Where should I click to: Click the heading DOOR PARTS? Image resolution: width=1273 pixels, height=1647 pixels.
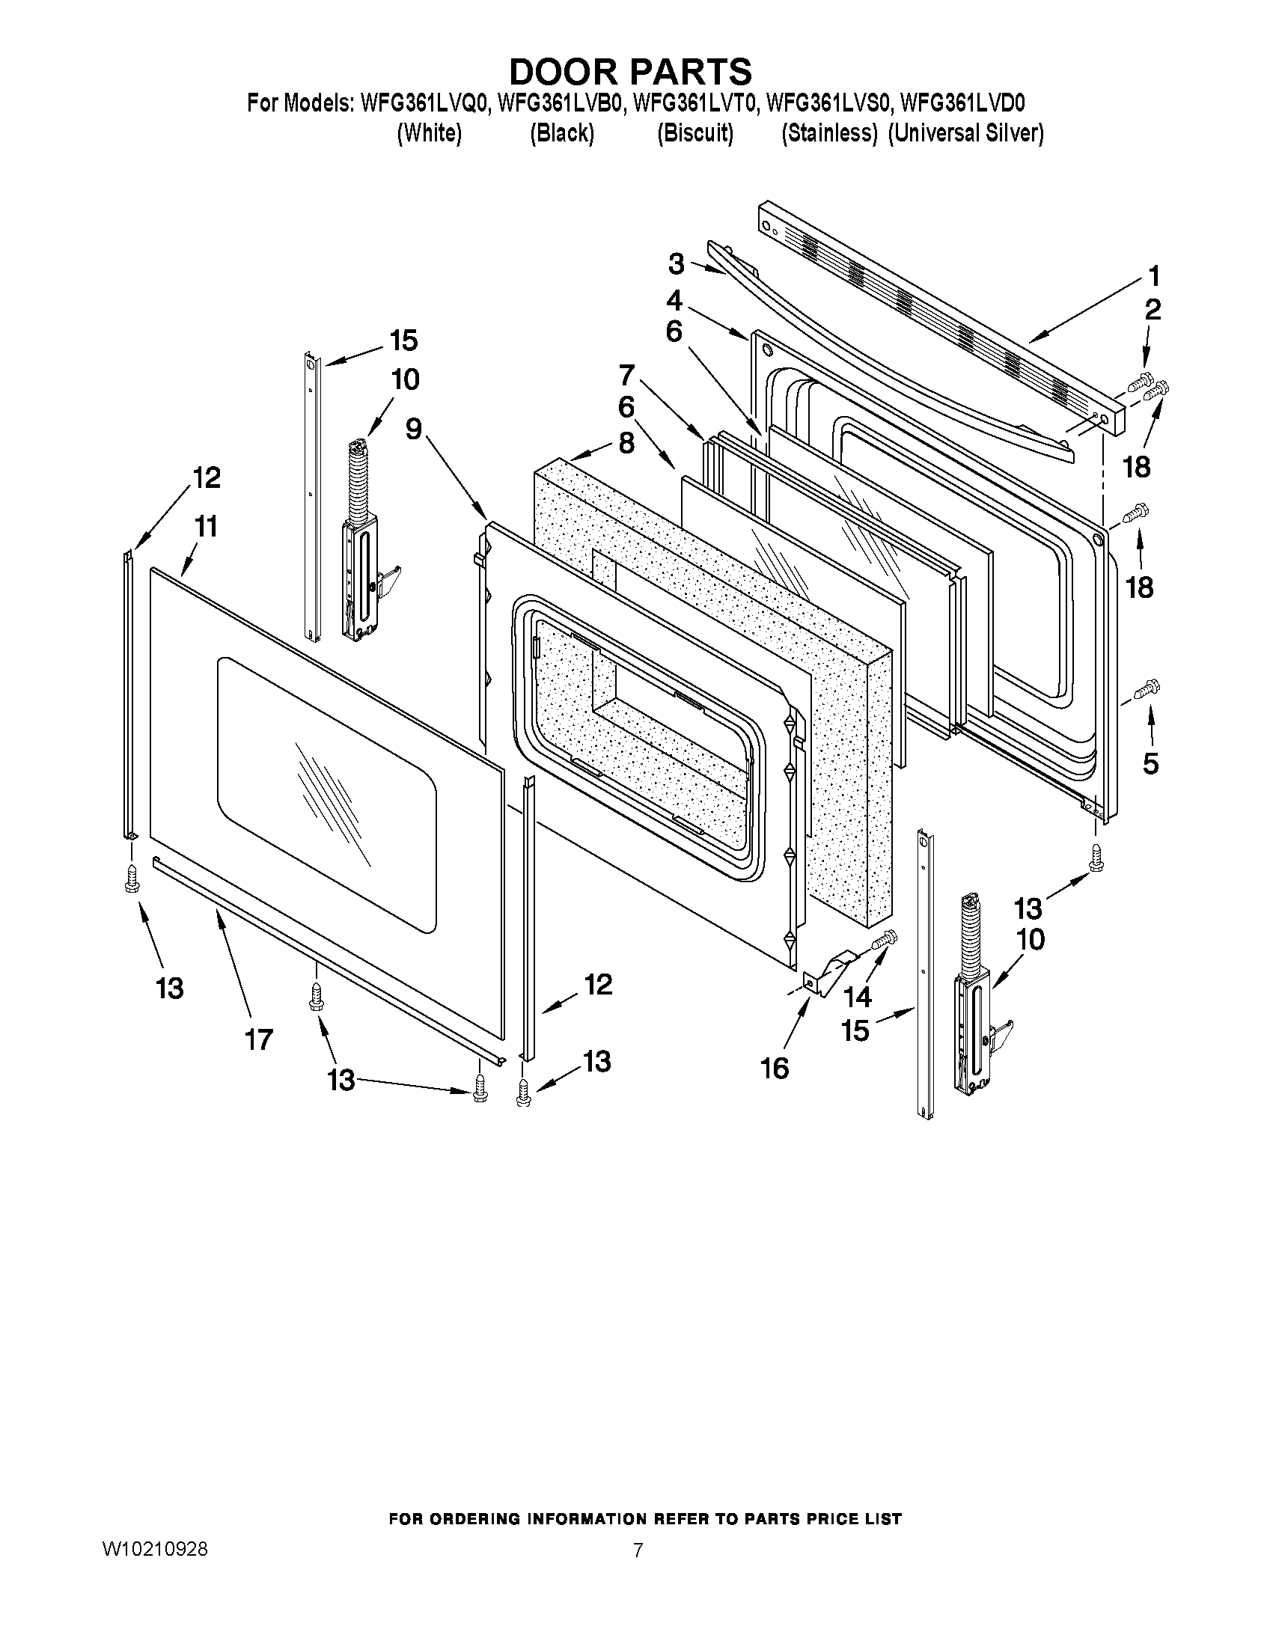pos(630,72)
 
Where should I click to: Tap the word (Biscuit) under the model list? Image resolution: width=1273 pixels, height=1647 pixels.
pos(694,133)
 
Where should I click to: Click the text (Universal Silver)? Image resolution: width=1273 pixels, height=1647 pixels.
pos(965,133)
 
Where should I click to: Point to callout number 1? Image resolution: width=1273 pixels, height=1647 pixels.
pos(1153,277)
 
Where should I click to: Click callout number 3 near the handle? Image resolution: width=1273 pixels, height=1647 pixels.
pos(677,265)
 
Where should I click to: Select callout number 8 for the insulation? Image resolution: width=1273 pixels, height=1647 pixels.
pos(626,443)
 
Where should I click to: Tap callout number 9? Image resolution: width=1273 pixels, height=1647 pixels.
pos(413,428)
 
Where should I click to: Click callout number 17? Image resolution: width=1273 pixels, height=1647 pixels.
pos(258,1040)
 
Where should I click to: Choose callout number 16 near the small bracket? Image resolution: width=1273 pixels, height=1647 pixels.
pos(775,1067)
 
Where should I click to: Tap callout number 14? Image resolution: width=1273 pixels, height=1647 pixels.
pos(858,997)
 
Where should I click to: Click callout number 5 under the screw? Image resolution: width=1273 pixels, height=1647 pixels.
pos(1150,763)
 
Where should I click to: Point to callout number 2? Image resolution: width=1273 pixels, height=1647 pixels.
pos(1153,310)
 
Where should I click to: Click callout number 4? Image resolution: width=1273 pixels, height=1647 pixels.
pos(674,301)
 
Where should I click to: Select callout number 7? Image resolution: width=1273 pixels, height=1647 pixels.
pos(626,375)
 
